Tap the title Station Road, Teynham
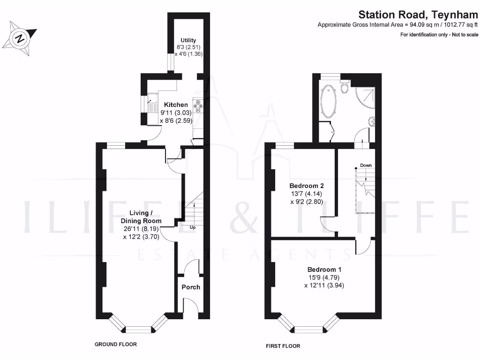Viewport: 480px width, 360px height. (418, 15)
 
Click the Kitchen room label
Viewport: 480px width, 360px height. (176, 105)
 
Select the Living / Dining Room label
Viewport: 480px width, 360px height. (141, 217)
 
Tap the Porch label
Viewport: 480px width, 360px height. (191, 287)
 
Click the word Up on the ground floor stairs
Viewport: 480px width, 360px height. (192, 227)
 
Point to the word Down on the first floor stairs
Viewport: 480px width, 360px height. (366, 165)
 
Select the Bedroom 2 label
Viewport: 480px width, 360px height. (305, 186)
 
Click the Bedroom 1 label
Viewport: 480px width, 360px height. (324, 270)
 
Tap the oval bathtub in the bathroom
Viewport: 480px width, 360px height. (328, 100)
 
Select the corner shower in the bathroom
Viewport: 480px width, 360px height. (367, 96)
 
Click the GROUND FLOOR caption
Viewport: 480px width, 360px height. (116, 344)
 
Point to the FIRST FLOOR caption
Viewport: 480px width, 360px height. (283, 346)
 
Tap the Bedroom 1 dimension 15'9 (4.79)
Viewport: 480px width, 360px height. (324, 277)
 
